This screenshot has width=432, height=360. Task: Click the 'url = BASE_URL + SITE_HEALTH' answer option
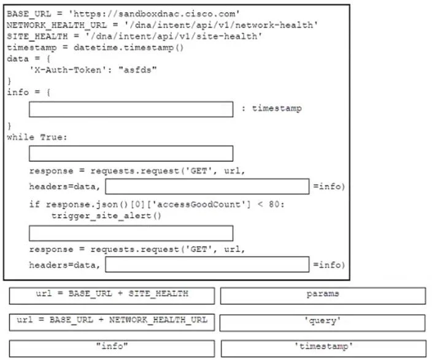pos(112,296)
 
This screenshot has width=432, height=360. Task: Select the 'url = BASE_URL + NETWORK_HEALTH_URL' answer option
pos(112,322)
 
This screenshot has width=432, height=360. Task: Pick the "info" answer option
pos(112,348)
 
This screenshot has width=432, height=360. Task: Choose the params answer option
pos(323,296)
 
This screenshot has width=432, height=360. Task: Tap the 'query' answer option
pos(323,323)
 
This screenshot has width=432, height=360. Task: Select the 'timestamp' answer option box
pos(324,348)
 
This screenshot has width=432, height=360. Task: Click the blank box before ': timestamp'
pos(131,109)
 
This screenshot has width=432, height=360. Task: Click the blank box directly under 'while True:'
pos(131,153)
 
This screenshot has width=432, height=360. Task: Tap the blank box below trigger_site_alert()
pos(131,233)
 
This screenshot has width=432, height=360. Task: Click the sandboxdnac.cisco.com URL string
pos(154,13)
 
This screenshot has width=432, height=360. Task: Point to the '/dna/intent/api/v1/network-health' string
pos(221,25)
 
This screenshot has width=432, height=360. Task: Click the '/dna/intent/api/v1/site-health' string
pos(174,36)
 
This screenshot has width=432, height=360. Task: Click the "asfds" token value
pos(137,70)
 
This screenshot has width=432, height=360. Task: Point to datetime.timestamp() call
pos(128,48)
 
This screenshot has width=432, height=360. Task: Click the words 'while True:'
pos(37,137)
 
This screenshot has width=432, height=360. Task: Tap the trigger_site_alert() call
pos(106,215)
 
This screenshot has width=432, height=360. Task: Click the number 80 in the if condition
pos(274,204)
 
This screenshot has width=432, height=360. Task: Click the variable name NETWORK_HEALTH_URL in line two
pos(56,25)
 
